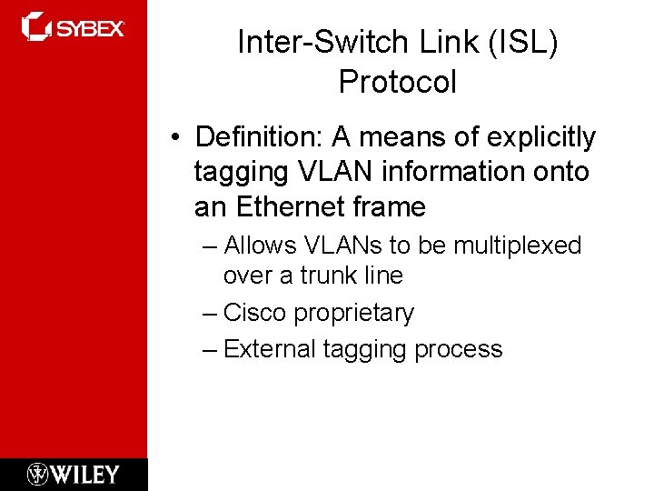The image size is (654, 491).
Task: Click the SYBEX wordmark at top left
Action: (x=90, y=28)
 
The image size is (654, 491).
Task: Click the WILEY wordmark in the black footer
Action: (x=84, y=474)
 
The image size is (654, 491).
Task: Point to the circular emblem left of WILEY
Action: (x=37, y=474)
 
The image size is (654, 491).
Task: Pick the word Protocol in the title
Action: (x=397, y=82)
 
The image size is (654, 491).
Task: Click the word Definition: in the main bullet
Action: (x=260, y=137)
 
